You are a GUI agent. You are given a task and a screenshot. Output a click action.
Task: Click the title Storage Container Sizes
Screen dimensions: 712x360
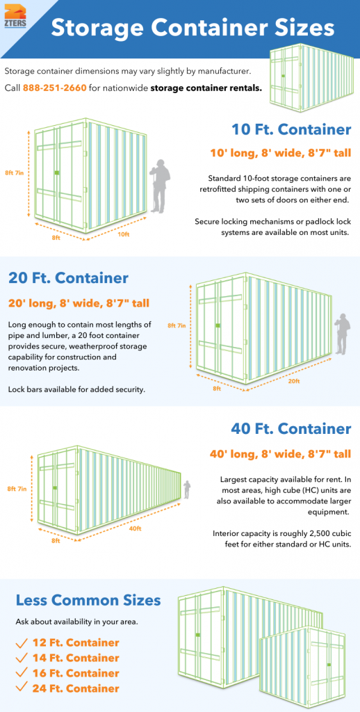coord(193,29)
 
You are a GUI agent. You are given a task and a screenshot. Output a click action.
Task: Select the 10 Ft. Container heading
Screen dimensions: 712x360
coord(291,129)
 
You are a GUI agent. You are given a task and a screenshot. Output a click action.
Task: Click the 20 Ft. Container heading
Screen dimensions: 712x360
coord(68,278)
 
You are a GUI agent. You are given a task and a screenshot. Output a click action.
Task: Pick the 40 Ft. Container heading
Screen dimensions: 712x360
coord(291,429)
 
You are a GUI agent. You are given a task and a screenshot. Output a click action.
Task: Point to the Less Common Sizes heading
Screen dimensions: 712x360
coord(88,600)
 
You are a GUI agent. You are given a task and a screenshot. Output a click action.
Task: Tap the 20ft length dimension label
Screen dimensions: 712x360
coord(294,381)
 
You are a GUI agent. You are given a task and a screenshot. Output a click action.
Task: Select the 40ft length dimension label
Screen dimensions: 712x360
coord(134,528)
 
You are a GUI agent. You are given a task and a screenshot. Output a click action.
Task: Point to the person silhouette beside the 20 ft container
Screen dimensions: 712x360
coord(341,333)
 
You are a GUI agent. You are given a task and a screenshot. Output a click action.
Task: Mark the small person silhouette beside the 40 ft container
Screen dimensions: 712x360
coord(186,489)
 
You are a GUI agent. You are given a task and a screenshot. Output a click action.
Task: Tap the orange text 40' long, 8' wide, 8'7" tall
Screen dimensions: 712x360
coord(280,454)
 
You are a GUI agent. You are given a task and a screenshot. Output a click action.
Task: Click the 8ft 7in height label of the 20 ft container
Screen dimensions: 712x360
coord(176,325)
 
